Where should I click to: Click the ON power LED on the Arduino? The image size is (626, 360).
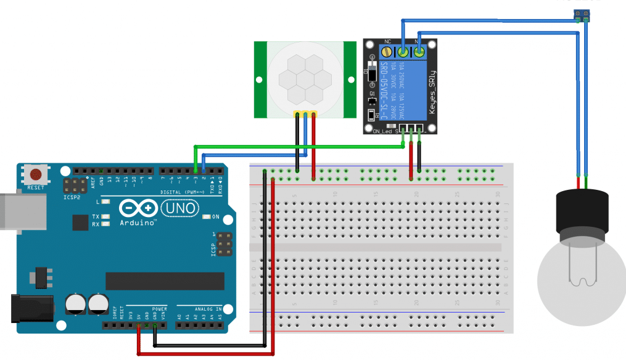click(208, 217)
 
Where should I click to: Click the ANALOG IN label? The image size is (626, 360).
click(199, 308)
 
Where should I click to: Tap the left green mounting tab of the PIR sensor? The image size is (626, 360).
click(261, 79)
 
